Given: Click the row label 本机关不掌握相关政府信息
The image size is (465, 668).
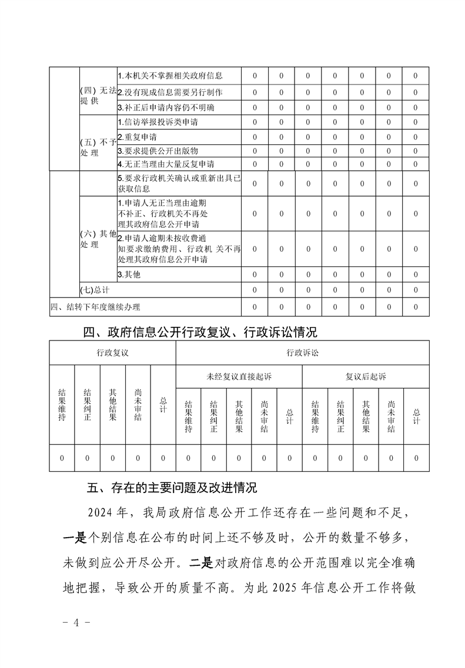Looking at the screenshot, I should pyautogui.click(x=170, y=76).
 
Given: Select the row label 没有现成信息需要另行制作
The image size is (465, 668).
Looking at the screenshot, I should pyautogui.click(x=170, y=92).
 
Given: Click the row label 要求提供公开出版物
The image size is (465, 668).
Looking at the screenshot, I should pyautogui.click(x=158, y=150).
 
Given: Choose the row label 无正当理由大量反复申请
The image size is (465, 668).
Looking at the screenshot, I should pyautogui.click(x=166, y=164).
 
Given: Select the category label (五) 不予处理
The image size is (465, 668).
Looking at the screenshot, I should pyautogui.click(x=97, y=147).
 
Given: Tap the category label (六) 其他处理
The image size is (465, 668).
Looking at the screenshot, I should pyautogui.click(x=97, y=239).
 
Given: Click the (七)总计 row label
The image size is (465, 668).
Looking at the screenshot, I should pyautogui.click(x=95, y=290).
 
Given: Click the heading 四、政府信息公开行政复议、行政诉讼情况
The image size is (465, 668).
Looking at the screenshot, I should pyautogui.click(x=200, y=332).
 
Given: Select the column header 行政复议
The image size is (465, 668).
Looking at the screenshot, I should pyautogui.click(x=112, y=353).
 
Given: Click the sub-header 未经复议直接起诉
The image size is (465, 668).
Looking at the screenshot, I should pyautogui.click(x=239, y=376).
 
